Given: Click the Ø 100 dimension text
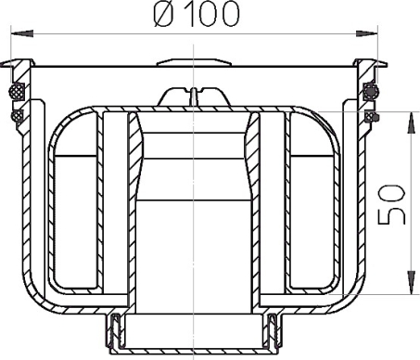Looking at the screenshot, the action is (x=197, y=14).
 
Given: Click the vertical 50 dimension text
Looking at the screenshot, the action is (x=391, y=204).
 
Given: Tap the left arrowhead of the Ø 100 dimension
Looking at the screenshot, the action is (x=22, y=33).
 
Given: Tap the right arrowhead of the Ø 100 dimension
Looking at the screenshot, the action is (x=367, y=33).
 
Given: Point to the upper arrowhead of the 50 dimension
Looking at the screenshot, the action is (x=411, y=122).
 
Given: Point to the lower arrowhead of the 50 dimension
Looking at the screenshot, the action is (x=411, y=282).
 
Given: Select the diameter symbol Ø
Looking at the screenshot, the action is (x=163, y=15).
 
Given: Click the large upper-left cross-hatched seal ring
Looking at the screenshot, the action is (x=17, y=91).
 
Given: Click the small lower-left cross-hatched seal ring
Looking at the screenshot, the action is (x=16, y=116).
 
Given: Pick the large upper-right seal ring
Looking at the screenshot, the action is (x=370, y=91).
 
